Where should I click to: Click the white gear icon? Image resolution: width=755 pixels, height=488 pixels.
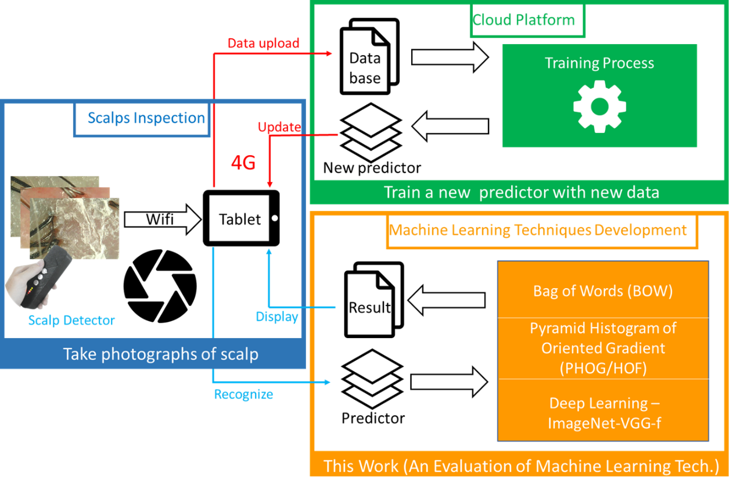599,107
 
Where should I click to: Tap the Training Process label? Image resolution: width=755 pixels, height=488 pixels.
599,63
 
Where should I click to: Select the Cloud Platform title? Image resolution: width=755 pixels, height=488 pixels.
524,20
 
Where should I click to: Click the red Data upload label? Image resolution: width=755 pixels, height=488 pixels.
263,44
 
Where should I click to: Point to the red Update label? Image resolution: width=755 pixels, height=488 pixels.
279,127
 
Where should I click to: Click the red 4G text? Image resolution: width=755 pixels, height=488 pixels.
243,163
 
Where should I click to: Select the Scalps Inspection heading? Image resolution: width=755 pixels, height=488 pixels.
146,119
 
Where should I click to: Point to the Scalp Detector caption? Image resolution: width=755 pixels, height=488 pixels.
71,320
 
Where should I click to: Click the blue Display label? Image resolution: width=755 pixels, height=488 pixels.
277,317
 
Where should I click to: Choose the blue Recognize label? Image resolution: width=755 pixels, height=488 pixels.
243,394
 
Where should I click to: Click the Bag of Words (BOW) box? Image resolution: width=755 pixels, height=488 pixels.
603,290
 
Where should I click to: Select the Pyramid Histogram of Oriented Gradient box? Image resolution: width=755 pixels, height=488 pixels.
603,348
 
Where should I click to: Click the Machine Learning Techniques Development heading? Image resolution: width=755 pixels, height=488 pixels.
538,230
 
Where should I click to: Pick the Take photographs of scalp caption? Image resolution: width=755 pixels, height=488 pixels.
160,354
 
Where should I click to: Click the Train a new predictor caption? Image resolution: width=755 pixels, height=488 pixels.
521,192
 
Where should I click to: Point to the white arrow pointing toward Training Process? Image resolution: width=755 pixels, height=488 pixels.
450,57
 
